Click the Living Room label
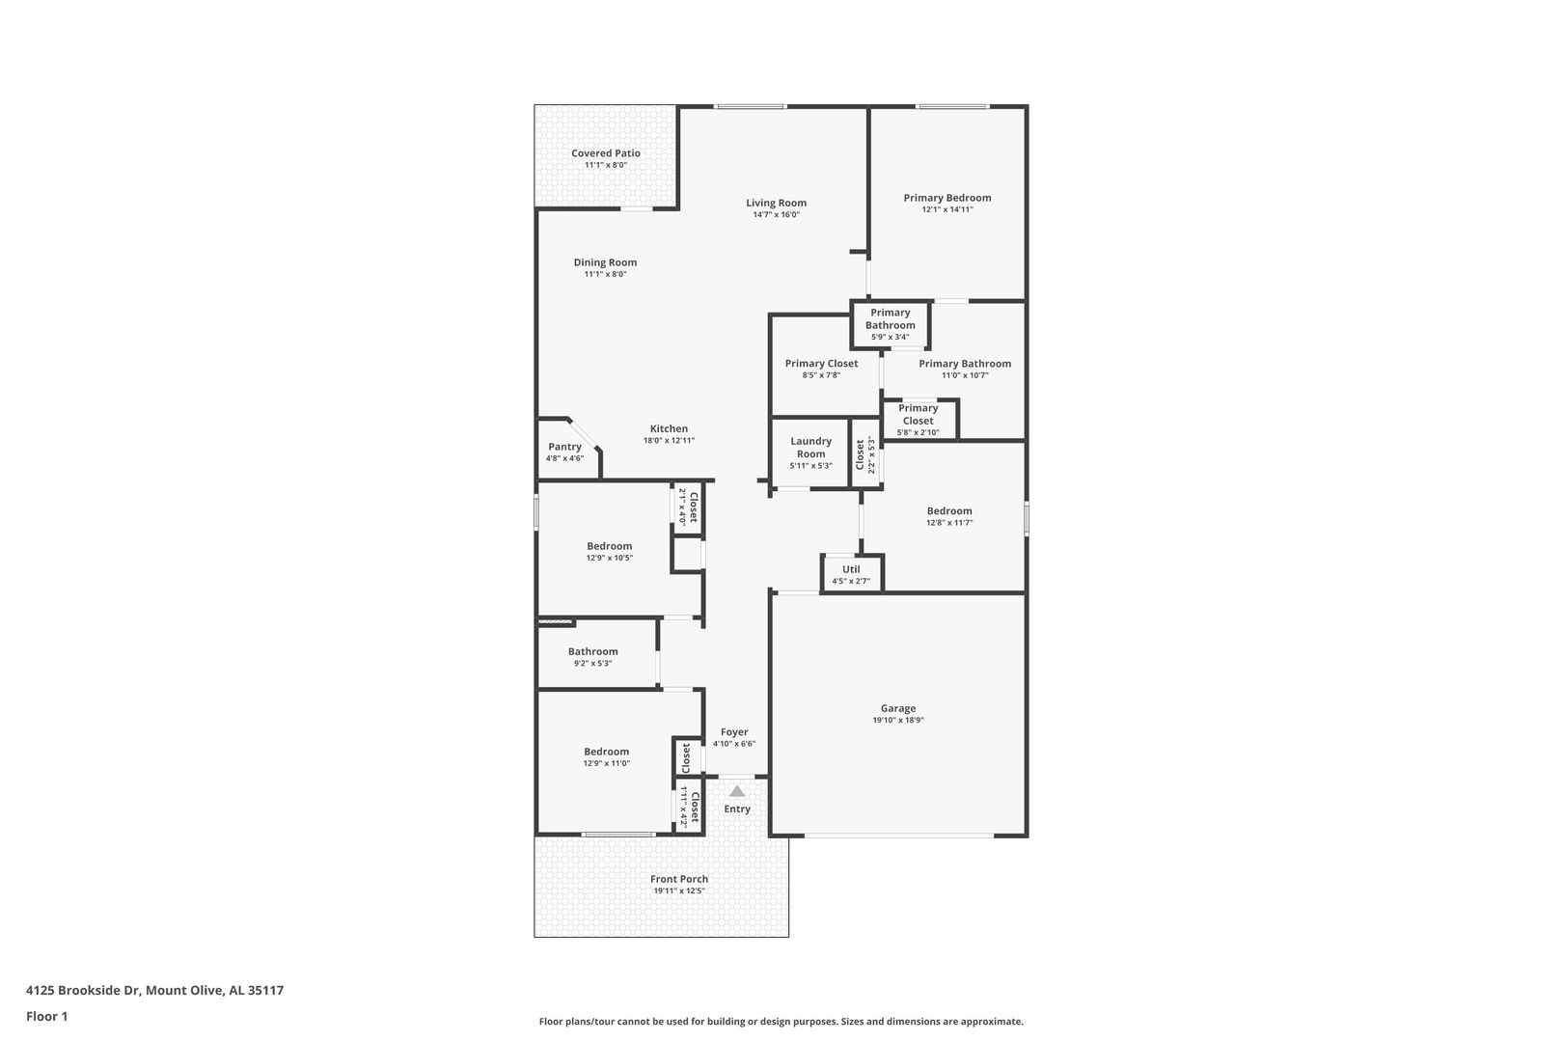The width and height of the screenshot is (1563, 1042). pyautogui.click(x=776, y=204)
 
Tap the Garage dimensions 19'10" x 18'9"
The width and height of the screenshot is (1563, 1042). pyautogui.click(x=898, y=721)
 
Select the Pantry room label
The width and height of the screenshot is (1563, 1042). pyautogui.click(x=564, y=447)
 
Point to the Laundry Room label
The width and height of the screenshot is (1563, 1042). pyautogui.click(x=810, y=448)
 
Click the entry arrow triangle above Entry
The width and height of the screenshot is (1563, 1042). pyautogui.click(x=737, y=791)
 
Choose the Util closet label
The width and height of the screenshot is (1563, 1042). pyautogui.click(x=851, y=569)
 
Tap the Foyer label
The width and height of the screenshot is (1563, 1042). pyautogui.click(x=734, y=732)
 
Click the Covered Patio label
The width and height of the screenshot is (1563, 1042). pyautogui.click(x=606, y=153)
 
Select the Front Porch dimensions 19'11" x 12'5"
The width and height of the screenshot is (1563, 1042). pyautogui.click(x=679, y=891)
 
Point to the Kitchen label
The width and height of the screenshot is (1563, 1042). pyautogui.click(x=669, y=429)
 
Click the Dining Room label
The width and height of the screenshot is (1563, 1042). pyautogui.click(x=605, y=262)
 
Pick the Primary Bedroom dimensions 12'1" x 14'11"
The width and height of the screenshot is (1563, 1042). pyautogui.click(x=947, y=209)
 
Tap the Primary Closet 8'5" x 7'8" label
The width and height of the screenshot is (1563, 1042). pyautogui.click(x=821, y=364)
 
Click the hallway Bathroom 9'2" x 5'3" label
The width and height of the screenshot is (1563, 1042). pyautogui.click(x=592, y=652)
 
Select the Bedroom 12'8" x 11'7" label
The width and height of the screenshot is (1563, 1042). pyautogui.click(x=949, y=511)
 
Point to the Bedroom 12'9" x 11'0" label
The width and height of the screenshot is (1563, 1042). pyautogui.click(x=606, y=752)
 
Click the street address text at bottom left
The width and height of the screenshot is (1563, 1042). pyautogui.click(x=155, y=990)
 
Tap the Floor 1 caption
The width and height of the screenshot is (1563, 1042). pyautogui.click(x=46, y=1017)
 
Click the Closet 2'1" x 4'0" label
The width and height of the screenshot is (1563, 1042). pyautogui.click(x=694, y=507)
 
